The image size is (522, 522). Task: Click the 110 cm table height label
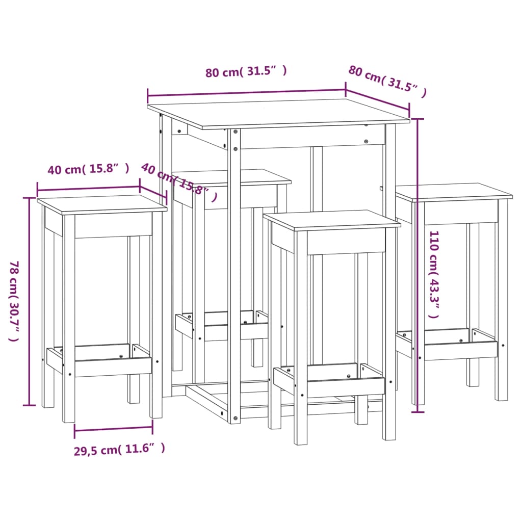point(434,274)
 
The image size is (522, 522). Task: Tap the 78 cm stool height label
point(14,301)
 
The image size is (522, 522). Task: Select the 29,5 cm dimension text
point(120,449)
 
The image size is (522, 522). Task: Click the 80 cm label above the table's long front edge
point(246,72)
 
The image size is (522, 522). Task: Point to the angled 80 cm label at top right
point(387,81)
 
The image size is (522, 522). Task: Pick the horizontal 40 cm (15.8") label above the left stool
point(88,169)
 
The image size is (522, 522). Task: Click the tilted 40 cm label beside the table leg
point(178,181)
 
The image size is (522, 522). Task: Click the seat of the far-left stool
point(102,203)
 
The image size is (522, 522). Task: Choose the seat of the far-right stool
point(454,192)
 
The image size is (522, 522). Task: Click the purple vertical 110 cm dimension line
point(418,265)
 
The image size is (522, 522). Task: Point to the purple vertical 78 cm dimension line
point(30,301)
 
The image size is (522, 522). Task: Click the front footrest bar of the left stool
point(112,366)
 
